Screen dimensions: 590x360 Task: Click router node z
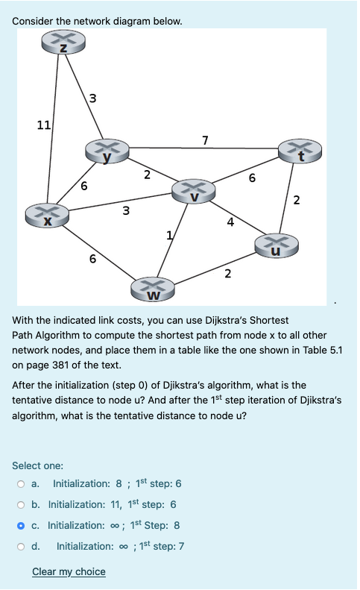point(63,45)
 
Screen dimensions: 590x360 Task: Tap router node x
point(46,216)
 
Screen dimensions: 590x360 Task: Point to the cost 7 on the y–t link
point(205,139)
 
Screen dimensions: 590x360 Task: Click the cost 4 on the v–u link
point(231,222)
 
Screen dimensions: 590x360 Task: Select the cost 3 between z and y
point(92,97)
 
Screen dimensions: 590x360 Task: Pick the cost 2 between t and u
point(297,199)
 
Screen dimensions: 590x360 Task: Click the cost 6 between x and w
point(92,259)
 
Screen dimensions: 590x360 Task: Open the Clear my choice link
point(69,572)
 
